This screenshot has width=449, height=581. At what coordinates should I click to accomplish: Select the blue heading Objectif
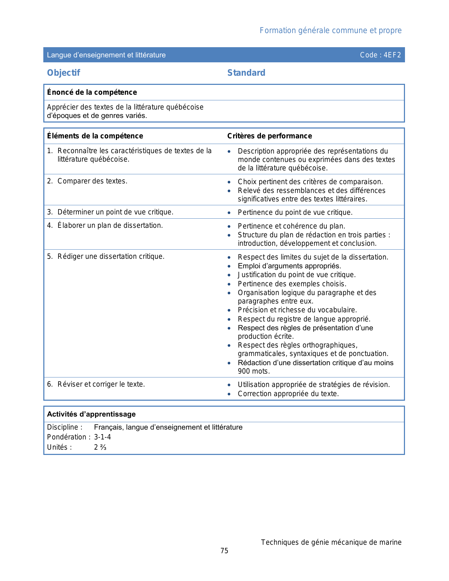tap(64, 73)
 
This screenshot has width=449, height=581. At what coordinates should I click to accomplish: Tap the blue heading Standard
tap(246, 73)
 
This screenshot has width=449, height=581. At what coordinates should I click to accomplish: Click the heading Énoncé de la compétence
tap(92, 92)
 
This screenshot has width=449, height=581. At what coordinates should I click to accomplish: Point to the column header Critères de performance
tap(269, 136)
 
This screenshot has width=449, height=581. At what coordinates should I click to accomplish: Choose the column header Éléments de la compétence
tap(95, 136)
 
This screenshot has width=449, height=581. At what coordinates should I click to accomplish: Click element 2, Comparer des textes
tap(92, 181)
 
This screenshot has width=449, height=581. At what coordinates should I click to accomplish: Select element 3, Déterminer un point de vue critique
tap(115, 212)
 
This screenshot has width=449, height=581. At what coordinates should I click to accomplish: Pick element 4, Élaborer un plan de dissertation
tap(110, 225)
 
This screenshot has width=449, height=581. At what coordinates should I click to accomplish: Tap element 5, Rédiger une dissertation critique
tap(111, 256)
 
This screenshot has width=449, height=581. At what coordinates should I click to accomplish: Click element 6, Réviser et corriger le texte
tap(101, 384)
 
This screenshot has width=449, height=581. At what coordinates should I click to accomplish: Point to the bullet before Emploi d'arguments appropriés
tap(229, 266)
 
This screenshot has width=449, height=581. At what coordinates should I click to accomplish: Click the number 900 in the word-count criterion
tap(244, 371)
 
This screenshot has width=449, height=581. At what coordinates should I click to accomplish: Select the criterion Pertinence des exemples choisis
tap(292, 284)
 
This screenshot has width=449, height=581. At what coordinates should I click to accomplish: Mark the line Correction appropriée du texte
tap(288, 394)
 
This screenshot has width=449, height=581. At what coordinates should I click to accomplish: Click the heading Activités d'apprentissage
tap(91, 414)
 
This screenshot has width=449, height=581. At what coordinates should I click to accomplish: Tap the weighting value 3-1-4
tap(102, 437)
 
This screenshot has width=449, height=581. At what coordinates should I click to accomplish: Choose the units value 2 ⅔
tap(100, 447)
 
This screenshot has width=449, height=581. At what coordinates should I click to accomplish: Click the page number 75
tap(224, 551)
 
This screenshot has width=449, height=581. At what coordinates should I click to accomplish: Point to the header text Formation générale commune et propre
tap(330, 31)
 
